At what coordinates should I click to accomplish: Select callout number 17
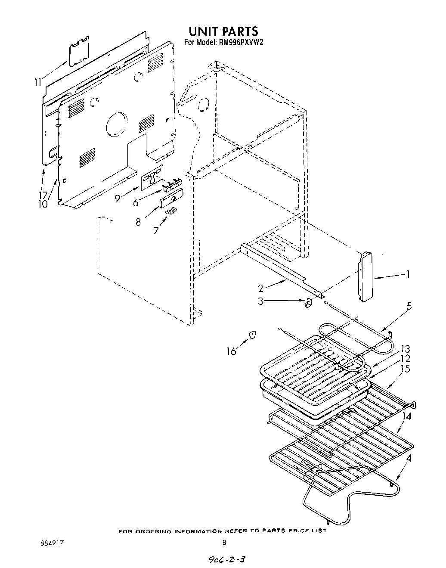click(x=42, y=195)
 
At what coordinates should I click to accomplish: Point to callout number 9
click(x=118, y=199)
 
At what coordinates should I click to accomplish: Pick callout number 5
click(x=409, y=306)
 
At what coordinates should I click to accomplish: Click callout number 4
click(x=409, y=459)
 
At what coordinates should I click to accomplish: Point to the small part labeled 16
click(x=253, y=335)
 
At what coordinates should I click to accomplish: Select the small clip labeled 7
click(x=171, y=210)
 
